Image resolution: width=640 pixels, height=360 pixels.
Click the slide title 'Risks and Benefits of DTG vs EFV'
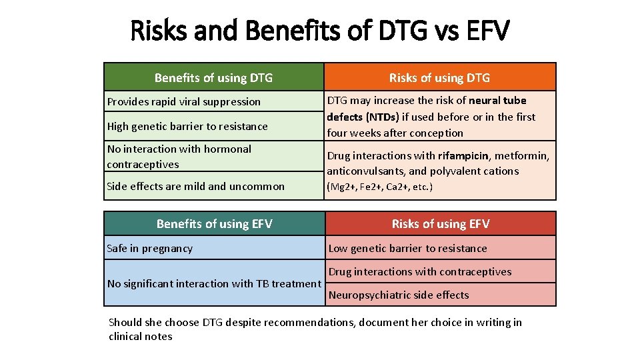320,31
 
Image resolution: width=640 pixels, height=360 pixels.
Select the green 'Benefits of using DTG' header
213,78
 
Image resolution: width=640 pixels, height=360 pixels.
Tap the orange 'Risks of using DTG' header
439,78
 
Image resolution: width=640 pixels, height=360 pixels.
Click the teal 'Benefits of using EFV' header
214,224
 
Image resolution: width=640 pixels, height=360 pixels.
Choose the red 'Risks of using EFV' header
440,224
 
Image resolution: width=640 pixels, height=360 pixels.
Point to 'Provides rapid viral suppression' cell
184,102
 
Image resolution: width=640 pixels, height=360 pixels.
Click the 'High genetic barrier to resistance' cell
187,127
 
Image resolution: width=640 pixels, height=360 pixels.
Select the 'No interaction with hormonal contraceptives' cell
179,157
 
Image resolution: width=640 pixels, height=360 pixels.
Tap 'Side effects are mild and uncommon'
195,187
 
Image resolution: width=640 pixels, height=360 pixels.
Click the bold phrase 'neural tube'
497,101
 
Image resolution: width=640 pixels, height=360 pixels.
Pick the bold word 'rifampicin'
463,156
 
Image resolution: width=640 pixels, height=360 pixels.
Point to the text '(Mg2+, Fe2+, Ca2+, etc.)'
379,187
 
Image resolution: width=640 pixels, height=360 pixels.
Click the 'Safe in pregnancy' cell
150,249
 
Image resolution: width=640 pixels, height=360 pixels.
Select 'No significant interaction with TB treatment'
214,284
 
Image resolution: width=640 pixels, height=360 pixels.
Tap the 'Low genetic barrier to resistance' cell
408,249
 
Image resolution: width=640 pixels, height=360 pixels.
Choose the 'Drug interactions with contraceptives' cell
420,272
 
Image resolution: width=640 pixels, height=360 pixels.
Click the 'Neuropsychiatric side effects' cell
399,295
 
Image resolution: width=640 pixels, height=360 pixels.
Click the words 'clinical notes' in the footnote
140,337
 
